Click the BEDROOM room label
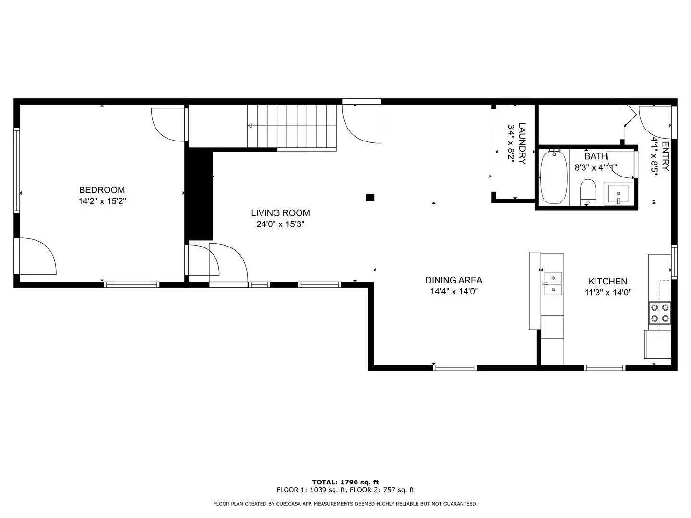pos(102,190)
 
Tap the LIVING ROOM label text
pos(280,213)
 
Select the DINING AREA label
pos(453,280)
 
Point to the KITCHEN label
pos(608,282)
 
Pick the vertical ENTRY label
pos(665,156)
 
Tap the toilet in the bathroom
pos(588,192)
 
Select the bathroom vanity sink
pos(618,194)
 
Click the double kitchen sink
pos(553,283)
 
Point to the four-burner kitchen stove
pos(659,313)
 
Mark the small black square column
pos(370,198)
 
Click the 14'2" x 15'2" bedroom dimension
pos(102,201)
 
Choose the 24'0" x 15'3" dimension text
pos(280,224)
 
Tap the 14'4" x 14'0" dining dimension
pos(453,291)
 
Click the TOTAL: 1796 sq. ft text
pos(345,482)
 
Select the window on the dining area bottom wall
pos(454,368)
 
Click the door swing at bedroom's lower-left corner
pos(37,256)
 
